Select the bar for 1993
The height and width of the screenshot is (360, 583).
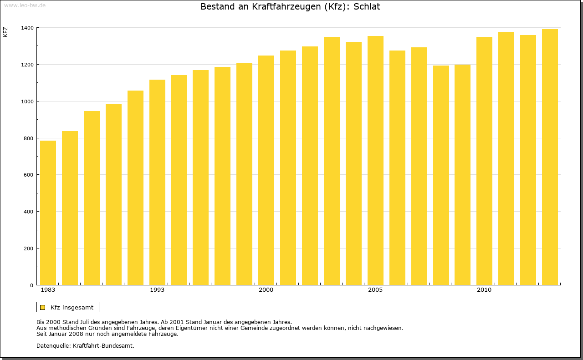click(157, 182)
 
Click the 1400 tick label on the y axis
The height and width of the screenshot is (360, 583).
click(27, 28)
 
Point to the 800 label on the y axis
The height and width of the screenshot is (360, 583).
click(29, 138)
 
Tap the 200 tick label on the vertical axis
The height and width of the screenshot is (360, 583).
click(29, 248)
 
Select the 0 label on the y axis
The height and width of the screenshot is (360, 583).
click(31, 285)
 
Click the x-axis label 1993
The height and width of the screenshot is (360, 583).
click(157, 290)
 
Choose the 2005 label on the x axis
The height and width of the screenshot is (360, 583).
click(375, 290)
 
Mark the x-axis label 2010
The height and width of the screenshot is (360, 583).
click(484, 290)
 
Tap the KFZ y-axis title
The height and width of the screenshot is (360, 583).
click(5, 32)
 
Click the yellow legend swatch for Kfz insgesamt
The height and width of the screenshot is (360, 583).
click(42, 307)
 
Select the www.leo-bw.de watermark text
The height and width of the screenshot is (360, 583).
click(25, 5)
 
